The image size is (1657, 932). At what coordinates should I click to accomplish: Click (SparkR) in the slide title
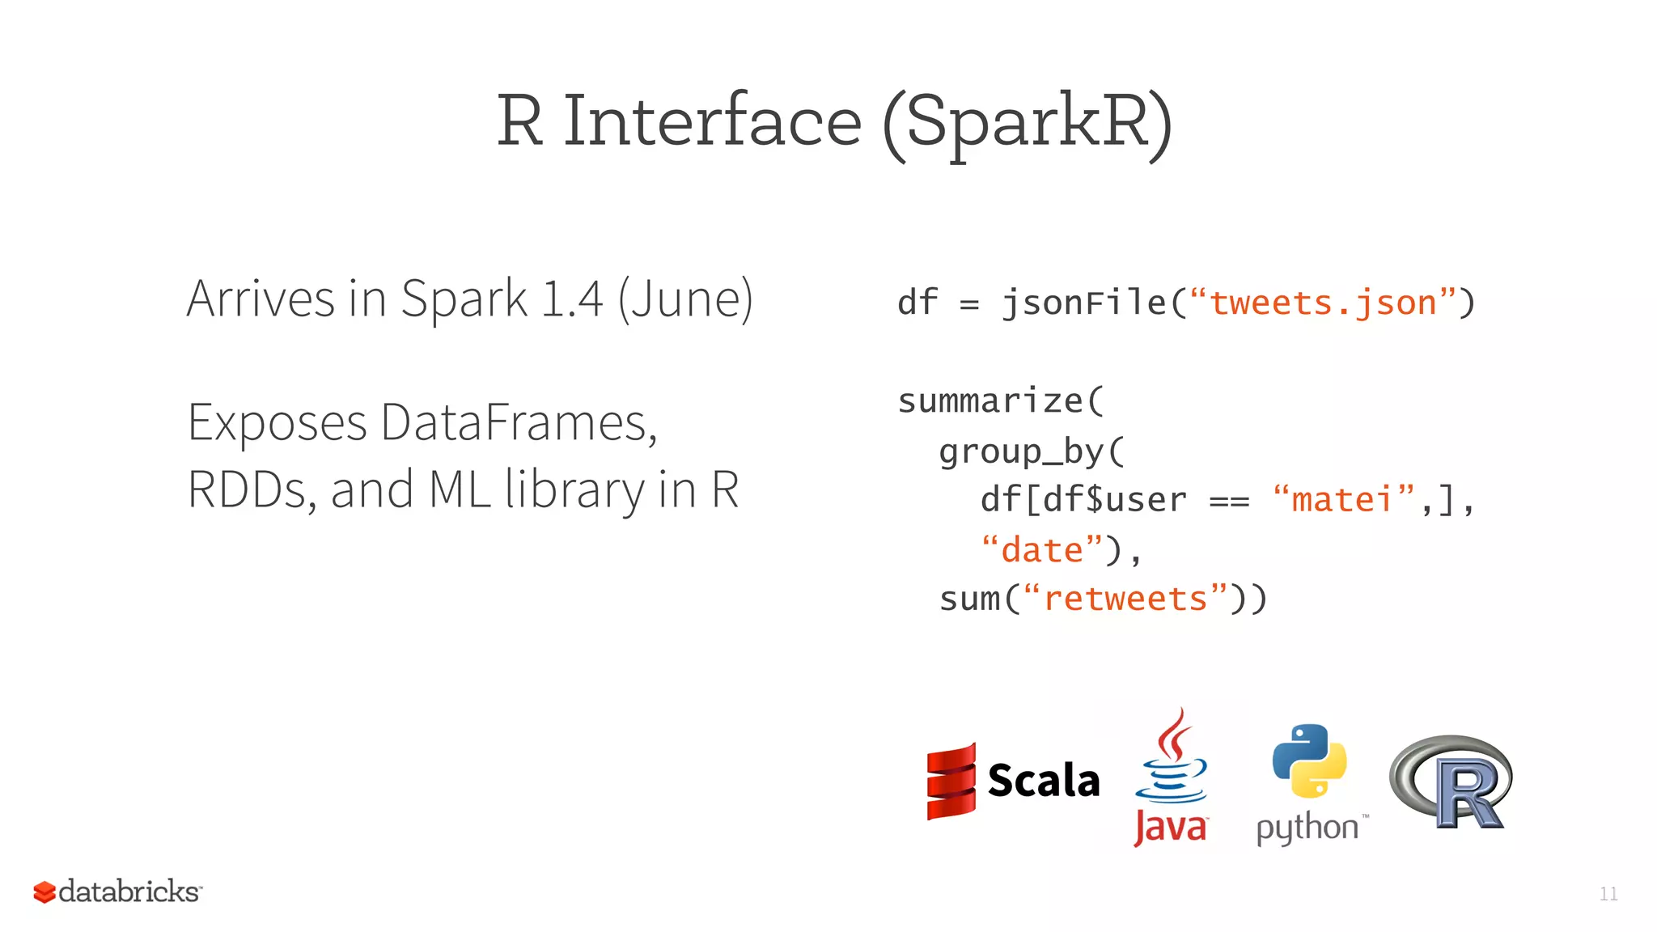tap(1026, 123)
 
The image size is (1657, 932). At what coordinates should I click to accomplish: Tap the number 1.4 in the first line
tap(572, 299)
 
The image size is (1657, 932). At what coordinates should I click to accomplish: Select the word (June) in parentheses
tap(685, 300)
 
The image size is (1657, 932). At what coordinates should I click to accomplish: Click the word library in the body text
tap(574, 490)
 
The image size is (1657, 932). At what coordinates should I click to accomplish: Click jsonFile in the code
tap(1084, 303)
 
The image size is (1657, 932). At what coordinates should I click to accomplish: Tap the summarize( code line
tap(1000, 401)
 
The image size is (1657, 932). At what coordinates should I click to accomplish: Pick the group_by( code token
tap(1031, 451)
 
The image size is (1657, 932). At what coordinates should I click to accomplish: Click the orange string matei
tap(1341, 500)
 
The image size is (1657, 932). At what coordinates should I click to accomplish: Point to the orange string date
tap(1041, 550)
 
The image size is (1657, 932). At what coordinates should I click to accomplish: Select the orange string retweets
tap(1125, 599)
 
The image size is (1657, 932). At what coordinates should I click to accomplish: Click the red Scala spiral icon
tap(951, 782)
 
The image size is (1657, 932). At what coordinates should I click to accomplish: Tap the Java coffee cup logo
tap(1171, 765)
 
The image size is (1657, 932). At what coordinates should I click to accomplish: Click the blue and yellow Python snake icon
tap(1309, 761)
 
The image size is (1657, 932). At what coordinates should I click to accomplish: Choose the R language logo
tap(1451, 782)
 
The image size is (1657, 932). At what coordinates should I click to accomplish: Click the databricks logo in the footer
tap(118, 892)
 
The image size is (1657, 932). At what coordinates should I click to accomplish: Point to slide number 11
tap(1608, 894)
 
